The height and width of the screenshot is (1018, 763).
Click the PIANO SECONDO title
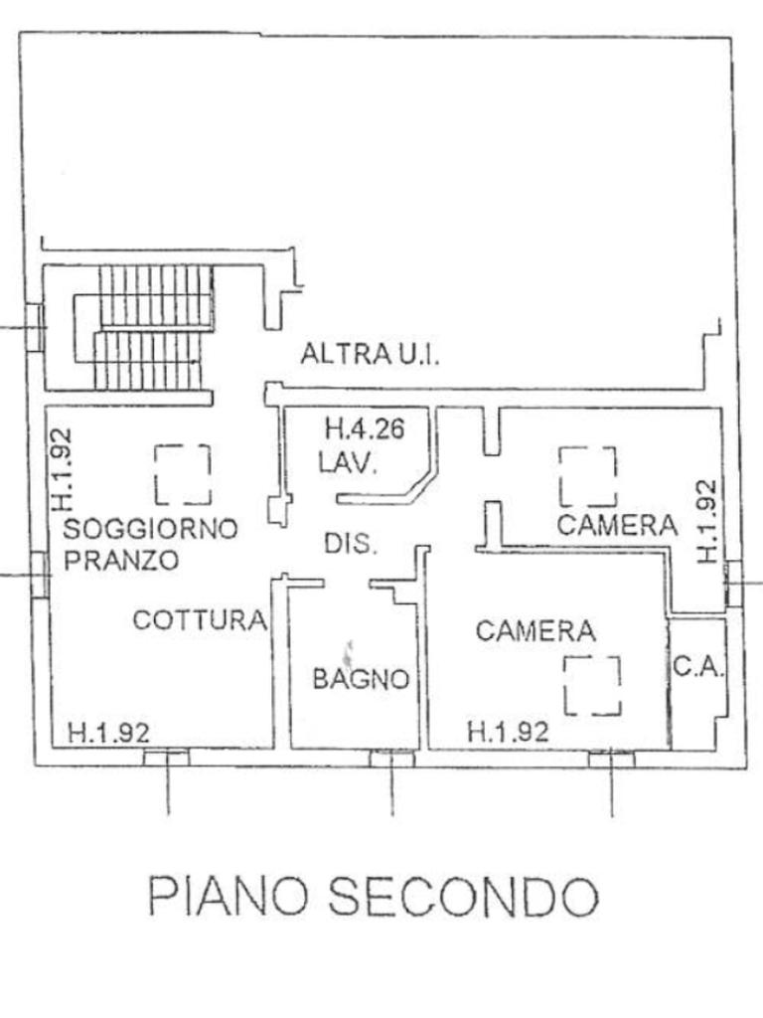click(x=373, y=897)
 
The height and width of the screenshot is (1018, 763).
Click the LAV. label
click(x=347, y=462)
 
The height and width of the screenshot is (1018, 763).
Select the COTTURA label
click(x=200, y=620)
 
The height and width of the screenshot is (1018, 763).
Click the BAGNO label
click(x=361, y=679)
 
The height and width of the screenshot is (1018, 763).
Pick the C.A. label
click(x=697, y=666)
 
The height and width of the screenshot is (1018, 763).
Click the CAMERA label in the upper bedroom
click(x=616, y=524)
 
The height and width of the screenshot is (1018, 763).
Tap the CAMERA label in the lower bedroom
click(x=534, y=630)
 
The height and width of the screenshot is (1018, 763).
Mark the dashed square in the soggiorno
click(x=183, y=473)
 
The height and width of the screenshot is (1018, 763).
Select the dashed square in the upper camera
click(x=587, y=475)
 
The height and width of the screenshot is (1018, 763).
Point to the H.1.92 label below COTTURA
click(x=109, y=733)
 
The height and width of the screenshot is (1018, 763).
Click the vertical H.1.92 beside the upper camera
click(x=706, y=521)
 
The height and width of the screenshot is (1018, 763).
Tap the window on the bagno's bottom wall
click(x=391, y=760)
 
